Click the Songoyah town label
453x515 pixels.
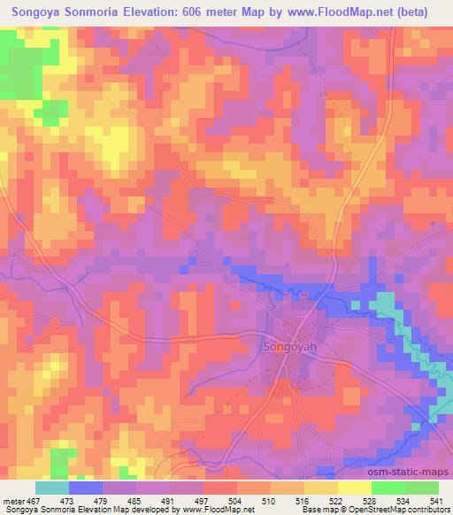pyautogui.click(x=288, y=347)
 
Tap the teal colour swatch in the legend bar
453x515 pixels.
pyautogui.click(x=52, y=488)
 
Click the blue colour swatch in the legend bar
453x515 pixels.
pyautogui.click(x=86, y=488)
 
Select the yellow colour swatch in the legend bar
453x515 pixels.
pyautogui.click(x=355, y=488)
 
